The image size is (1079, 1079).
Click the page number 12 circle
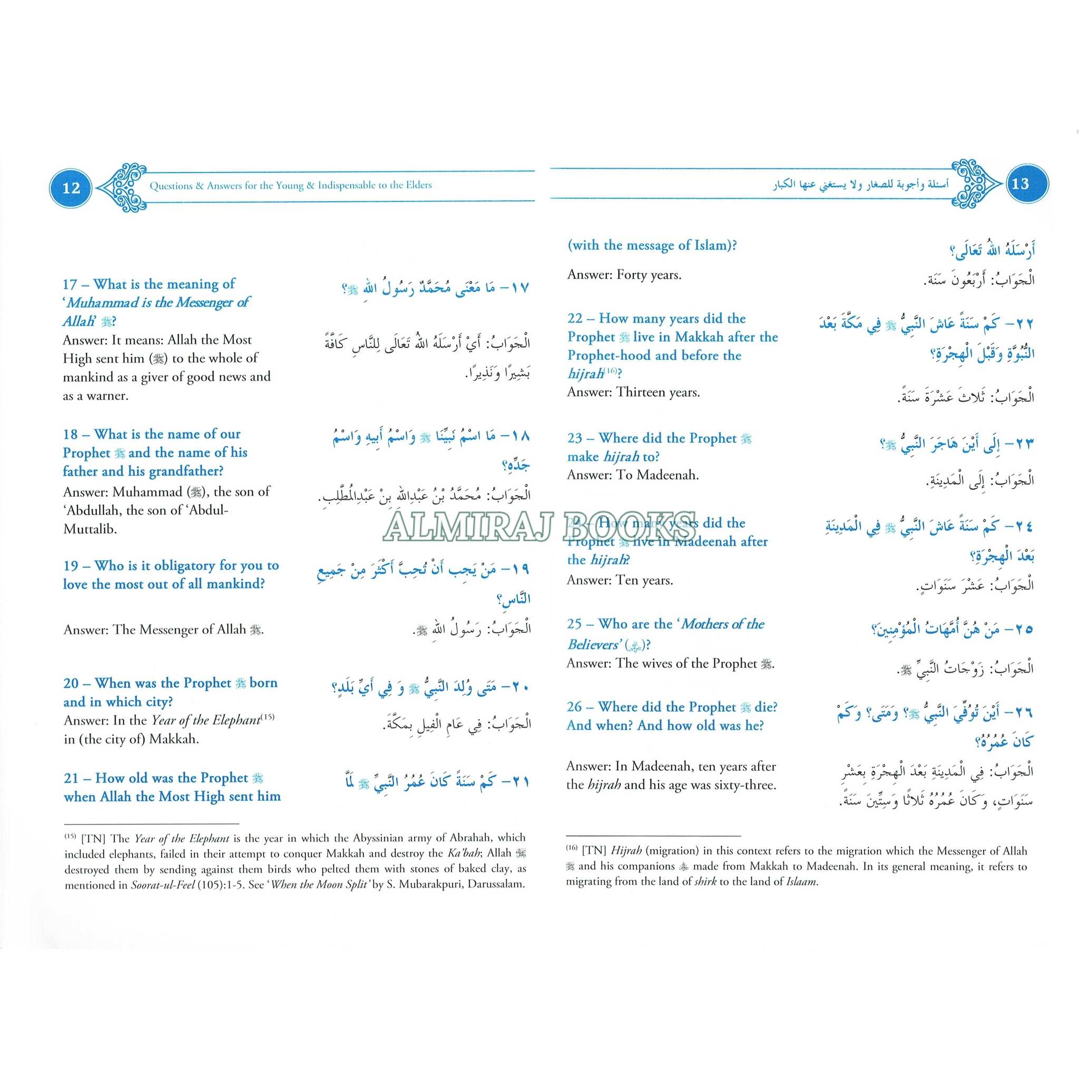pyautogui.click(x=72, y=187)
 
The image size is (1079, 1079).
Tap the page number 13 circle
pyautogui.click(x=1021, y=184)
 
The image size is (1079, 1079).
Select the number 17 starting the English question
pyautogui.click(x=71, y=285)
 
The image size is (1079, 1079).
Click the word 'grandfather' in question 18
pyautogui.click(x=176, y=471)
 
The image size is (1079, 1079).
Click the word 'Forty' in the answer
pyautogui.click(x=632, y=275)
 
